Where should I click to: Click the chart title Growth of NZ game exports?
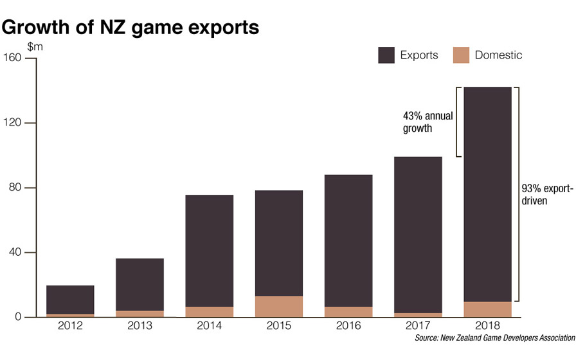click(x=131, y=28)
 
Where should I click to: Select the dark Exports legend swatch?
click(x=386, y=55)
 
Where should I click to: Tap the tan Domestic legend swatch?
click(x=461, y=55)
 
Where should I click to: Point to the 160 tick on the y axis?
click(x=14, y=59)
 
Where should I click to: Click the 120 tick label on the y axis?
click(x=14, y=123)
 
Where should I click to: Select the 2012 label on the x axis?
click(x=70, y=327)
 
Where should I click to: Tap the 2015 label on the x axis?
click(x=278, y=327)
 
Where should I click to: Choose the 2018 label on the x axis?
click(x=487, y=327)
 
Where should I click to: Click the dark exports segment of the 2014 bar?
click(x=209, y=251)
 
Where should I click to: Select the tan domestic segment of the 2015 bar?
click(x=278, y=307)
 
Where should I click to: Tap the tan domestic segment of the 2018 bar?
click(x=487, y=309)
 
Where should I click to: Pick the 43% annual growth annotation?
click(x=428, y=122)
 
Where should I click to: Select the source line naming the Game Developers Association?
click(x=494, y=337)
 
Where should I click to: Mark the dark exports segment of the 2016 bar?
click(x=348, y=240)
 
